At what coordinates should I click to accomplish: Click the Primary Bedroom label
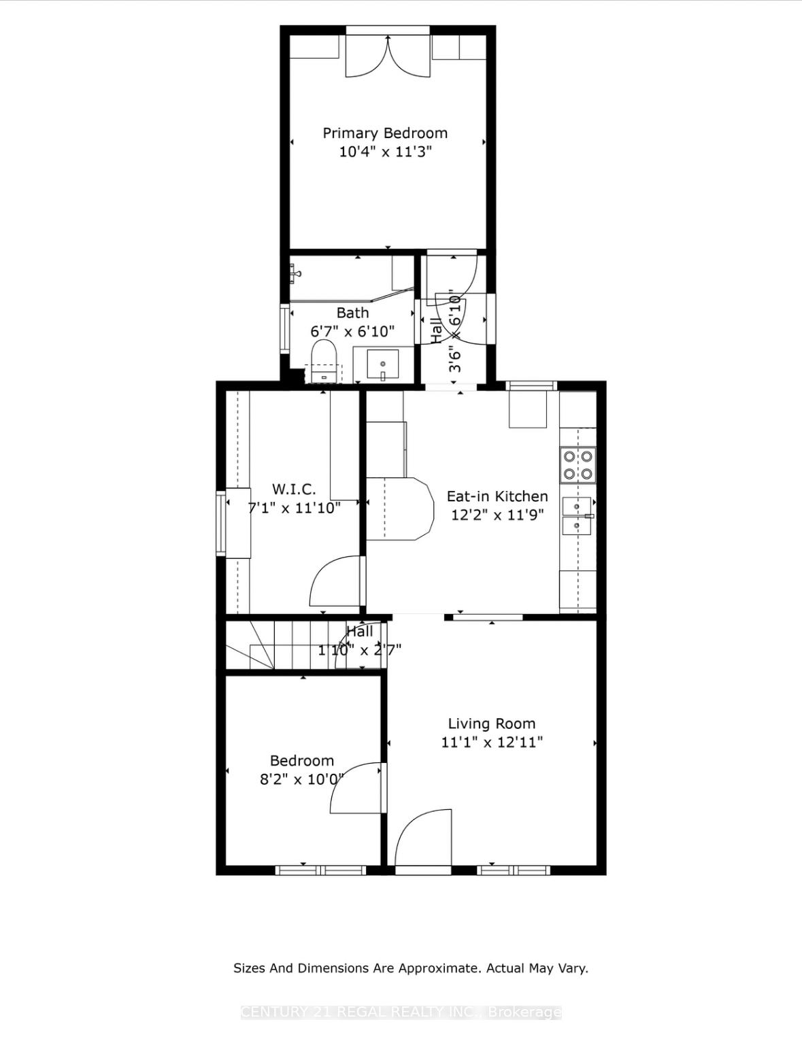(x=385, y=133)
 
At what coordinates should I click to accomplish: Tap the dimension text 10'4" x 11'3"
(x=385, y=152)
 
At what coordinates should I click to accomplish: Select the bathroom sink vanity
(x=383, y=364)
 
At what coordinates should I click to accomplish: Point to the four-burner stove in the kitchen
(x=578, y=465)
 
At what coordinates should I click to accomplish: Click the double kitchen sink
(x=577, y=516)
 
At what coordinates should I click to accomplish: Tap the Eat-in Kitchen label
(x=497, y=496)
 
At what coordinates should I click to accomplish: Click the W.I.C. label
(x=294, y=489)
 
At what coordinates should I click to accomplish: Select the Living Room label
(x=491, y=724)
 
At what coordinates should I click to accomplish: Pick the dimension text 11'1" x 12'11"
(x=491, y=742)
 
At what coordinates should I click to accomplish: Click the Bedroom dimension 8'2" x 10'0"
(x=301, y=779)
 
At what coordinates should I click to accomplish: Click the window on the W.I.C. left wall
(x=220, y=523)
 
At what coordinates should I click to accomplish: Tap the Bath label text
(x=352, y=313)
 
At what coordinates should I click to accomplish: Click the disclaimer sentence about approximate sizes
(x=410, y=968)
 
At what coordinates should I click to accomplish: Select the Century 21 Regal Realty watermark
(x=401, y=1012)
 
